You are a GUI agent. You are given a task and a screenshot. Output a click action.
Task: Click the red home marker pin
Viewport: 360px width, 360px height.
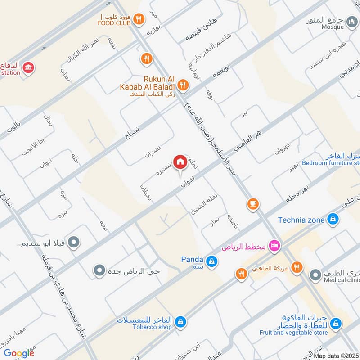[180, 162]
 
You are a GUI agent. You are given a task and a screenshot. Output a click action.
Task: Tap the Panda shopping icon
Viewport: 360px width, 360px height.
[211, 260]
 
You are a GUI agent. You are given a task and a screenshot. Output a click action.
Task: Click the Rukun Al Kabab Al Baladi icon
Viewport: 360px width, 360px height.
[182, 84]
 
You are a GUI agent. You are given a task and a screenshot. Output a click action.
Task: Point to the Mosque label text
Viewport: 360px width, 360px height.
[332, 27]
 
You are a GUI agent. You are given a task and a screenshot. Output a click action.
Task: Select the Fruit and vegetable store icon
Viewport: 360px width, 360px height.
[335, 323]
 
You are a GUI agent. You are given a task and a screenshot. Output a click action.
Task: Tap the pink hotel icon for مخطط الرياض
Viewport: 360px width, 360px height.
[273, 246]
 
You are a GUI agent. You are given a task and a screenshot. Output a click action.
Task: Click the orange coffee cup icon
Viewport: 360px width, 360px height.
[253, 204]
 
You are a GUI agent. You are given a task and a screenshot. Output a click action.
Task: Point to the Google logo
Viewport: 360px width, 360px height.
[19, 353]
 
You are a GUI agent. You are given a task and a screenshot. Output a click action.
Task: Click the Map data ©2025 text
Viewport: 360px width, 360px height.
[336, 356]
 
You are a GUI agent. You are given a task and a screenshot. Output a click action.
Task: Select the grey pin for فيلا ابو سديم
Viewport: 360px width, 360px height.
[76, 243]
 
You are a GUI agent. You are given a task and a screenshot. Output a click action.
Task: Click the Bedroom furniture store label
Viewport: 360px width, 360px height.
[331, 163]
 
